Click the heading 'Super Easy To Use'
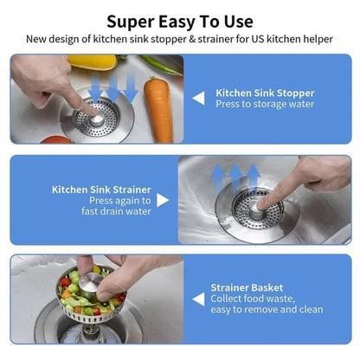[x=180, y=21]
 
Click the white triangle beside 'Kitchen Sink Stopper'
[x=198, y=98]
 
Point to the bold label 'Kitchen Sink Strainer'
[x=101, y=188]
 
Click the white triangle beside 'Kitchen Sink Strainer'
[x=163, y=200]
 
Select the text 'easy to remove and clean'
[x=267, y=310]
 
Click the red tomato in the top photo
[x=55, y=139]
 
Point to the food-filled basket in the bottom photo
[x=87, y=299]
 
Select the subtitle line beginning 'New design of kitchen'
[x=180, y=39]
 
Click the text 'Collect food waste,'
[x=251, y=299]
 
